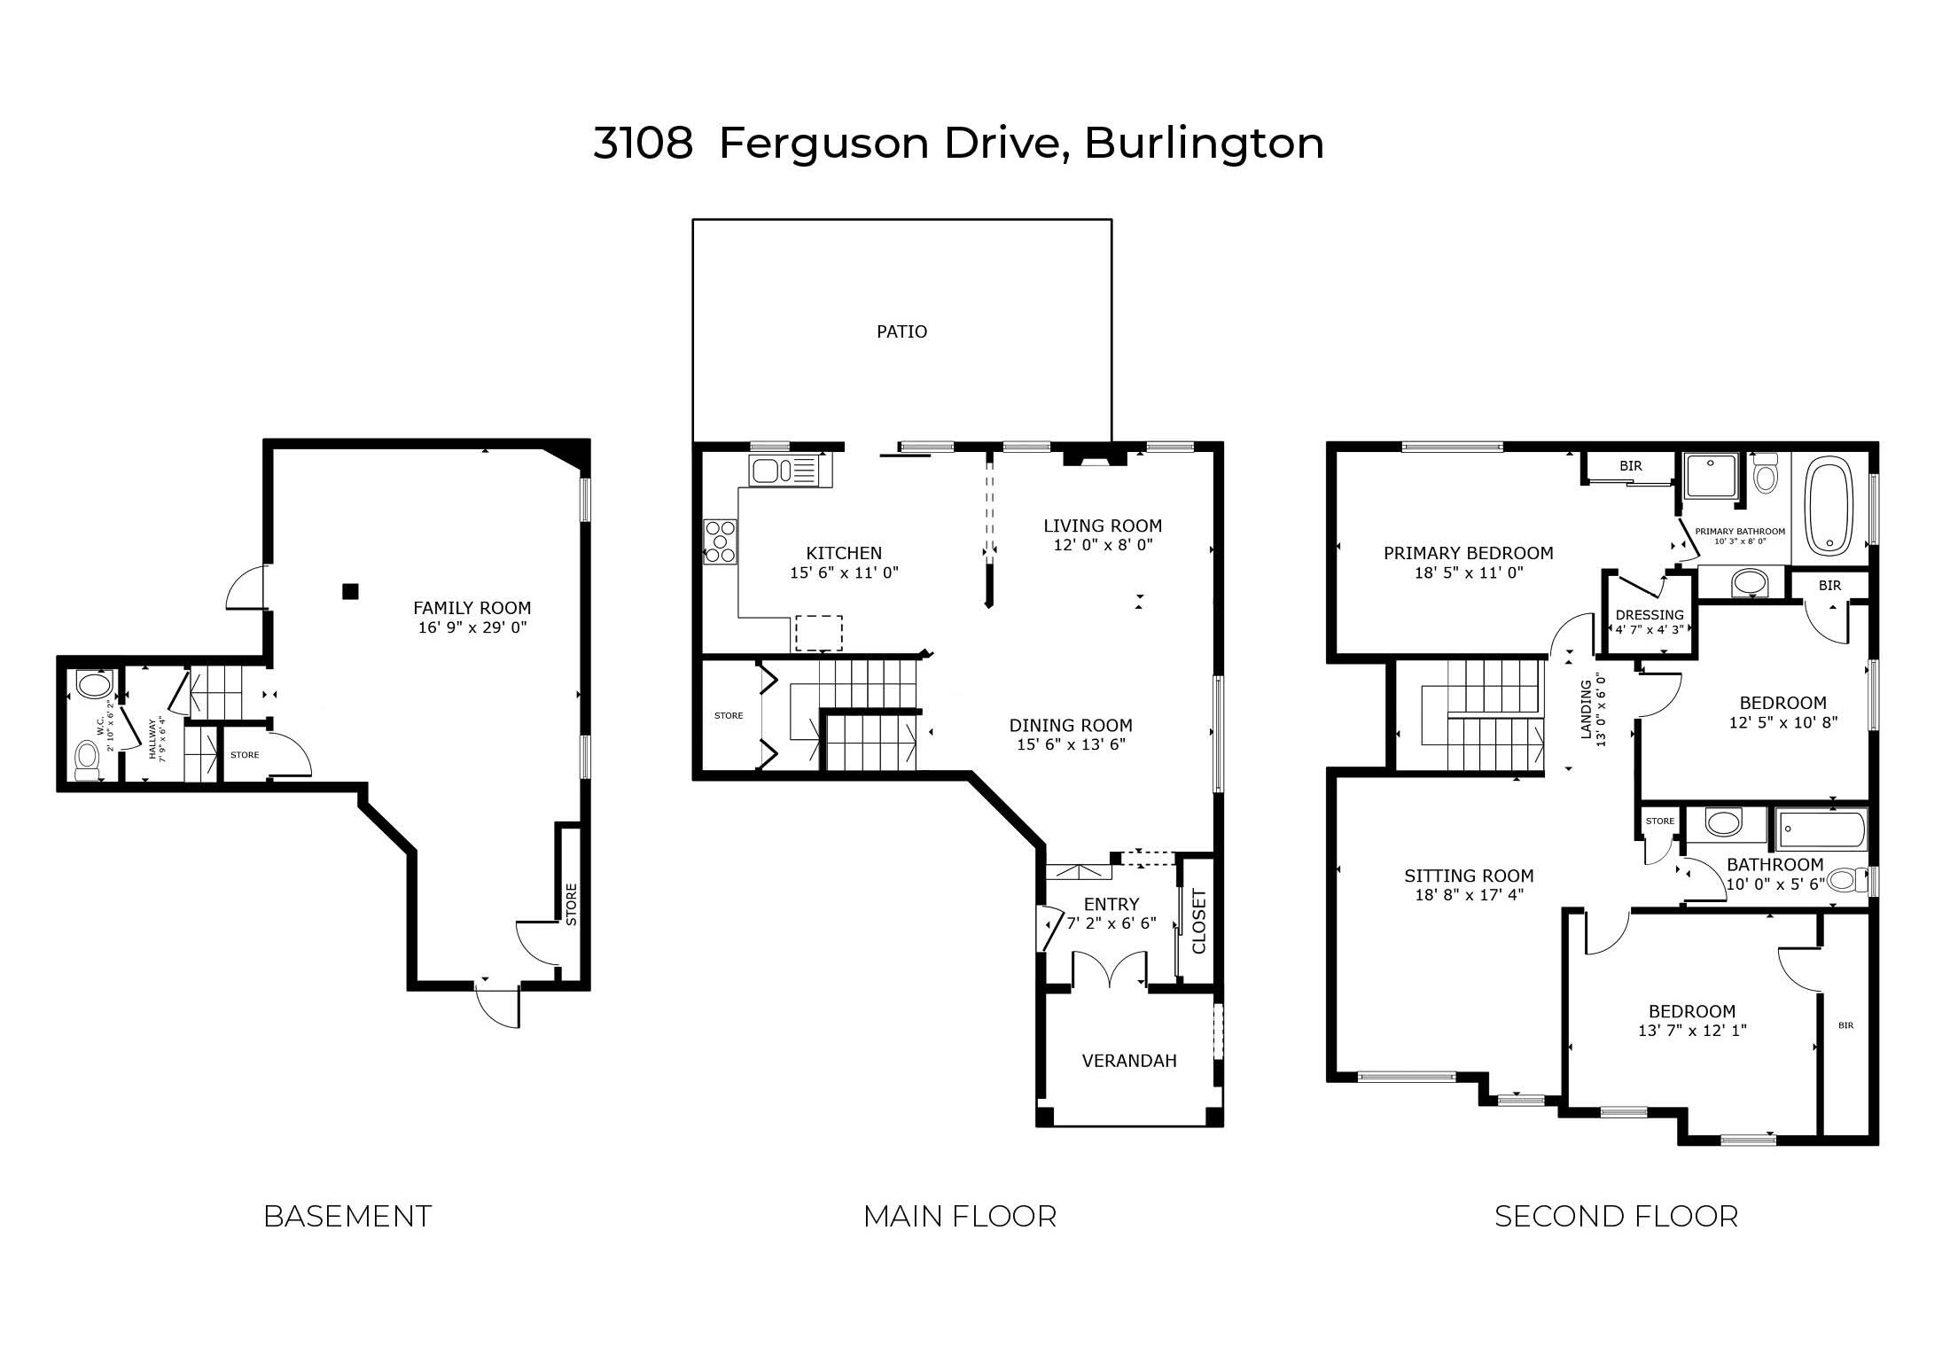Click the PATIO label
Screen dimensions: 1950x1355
[901, 331]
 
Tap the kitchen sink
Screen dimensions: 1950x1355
[784, 470]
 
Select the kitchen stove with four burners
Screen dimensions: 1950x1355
[720, 541]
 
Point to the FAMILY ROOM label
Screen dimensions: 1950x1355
[472, 608]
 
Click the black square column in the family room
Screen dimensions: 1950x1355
[351, 590]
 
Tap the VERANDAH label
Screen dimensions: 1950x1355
[1129, 1061]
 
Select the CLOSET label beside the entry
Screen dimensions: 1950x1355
[1199, 922]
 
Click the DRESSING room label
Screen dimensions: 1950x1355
[1650, 615]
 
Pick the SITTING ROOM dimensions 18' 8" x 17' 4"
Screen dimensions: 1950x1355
[1469, 895]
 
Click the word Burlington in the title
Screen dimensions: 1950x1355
[1205, 144]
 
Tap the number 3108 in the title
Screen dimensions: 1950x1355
[643, 144]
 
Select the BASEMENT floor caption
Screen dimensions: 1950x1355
[347, 1217]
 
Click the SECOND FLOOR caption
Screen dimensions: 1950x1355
[1617, 1217]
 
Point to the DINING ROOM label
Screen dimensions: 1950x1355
[1071, 725]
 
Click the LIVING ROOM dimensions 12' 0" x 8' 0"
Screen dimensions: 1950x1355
[1103, 545]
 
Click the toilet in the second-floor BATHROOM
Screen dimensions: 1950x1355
[1844, 880]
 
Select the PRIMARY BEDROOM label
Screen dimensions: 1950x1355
[1469, 553]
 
